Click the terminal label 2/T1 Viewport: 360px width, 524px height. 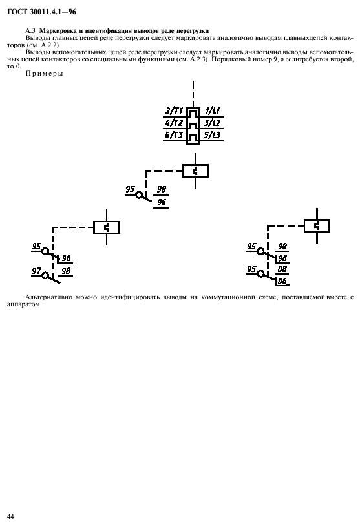174,110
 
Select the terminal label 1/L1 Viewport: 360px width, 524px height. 213,110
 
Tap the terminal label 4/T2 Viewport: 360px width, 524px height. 174,123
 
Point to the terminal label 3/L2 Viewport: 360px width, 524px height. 213,123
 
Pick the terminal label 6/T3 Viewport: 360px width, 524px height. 174,135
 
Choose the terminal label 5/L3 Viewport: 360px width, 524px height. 213,135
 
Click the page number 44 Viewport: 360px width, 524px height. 10,516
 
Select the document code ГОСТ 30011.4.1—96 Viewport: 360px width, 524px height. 41,12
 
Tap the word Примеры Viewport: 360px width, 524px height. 44,74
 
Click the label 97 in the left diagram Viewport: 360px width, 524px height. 36,271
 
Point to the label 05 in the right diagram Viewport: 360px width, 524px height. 251,269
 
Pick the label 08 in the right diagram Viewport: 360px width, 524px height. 282,269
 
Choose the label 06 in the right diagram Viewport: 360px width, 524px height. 282,281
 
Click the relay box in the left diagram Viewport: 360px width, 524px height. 107,227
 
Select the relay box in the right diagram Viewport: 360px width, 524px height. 317,226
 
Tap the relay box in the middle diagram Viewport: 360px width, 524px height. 196,171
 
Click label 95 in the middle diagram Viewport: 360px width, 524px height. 130,189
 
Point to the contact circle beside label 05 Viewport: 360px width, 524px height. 260,274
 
